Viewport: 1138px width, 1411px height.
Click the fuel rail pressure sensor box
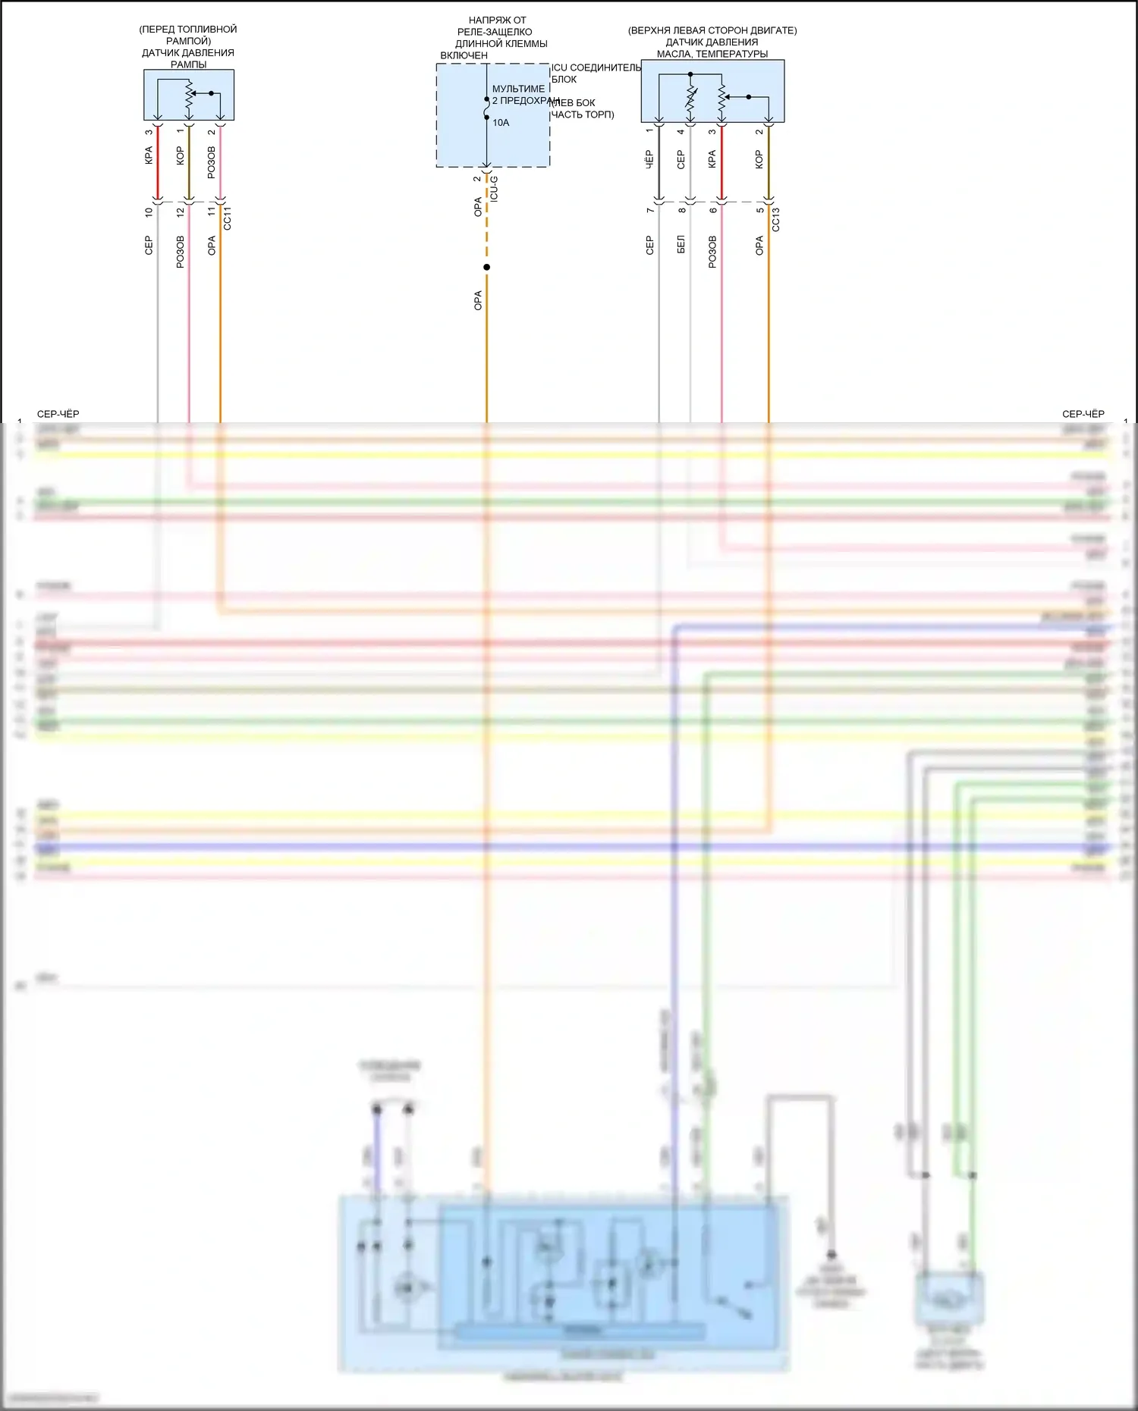[189, 96]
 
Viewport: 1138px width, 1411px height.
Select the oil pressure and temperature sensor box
[712, 91]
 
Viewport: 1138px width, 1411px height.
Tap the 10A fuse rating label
[501, 123]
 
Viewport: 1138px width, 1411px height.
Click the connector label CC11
[227, 218]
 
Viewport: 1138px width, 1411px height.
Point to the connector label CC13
[775, 219]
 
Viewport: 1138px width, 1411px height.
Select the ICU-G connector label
[494, 188]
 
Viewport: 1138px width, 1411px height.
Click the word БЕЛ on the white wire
[681, 244]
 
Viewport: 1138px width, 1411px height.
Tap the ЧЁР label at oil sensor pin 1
[649, 158]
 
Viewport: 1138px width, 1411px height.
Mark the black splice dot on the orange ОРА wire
[486, 267]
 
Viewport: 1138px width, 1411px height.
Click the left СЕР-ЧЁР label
[58, 414]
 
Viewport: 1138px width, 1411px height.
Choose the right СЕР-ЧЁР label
[1083, 414]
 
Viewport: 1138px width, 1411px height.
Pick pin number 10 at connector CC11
[149, 213]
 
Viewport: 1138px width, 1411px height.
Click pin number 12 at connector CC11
[181, 213]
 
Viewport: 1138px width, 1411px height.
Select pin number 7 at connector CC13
[650, 210]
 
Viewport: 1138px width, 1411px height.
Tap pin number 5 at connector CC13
[759, 210]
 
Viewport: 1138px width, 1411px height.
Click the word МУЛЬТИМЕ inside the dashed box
[518, 89]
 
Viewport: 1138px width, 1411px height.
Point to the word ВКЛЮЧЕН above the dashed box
[464, 55]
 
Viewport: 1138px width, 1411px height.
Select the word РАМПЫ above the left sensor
[188, 64]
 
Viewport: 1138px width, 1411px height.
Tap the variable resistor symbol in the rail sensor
[189, 96]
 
